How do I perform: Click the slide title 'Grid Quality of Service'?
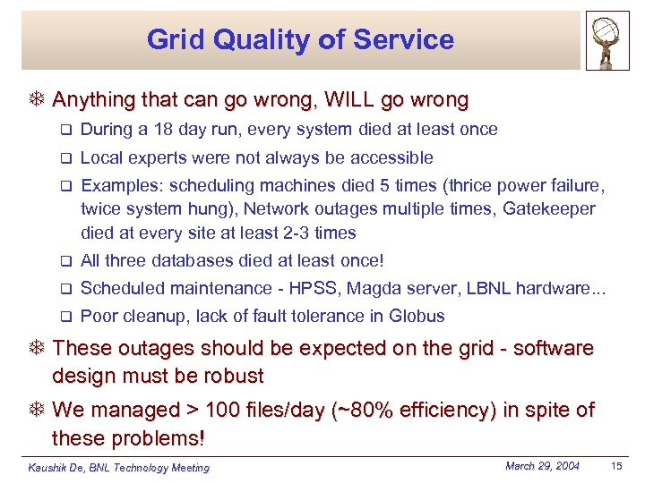[300, 39]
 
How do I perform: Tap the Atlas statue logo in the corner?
[607, 40]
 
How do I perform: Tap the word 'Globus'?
[417, 317]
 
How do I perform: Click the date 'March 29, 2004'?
[542, 466]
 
